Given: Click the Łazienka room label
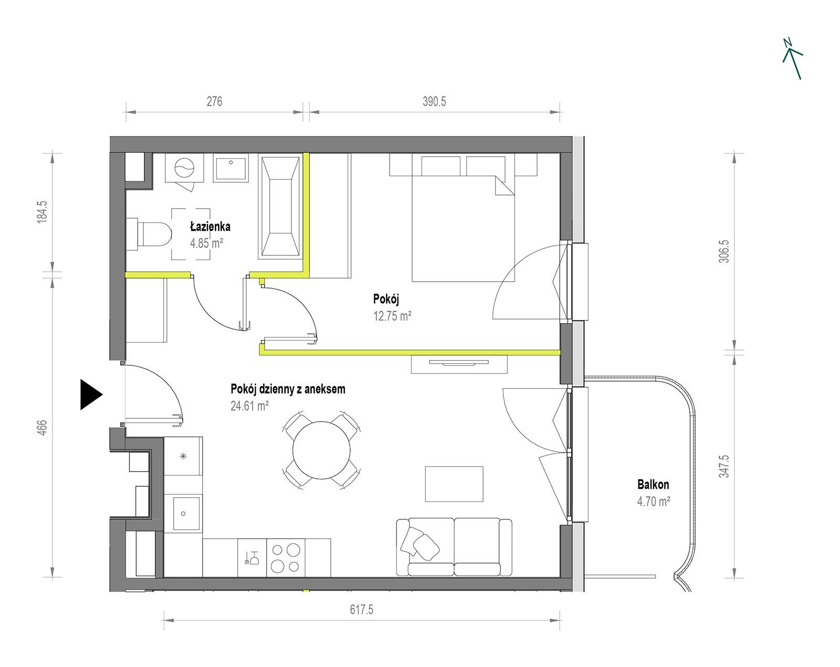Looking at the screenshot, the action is [211, 227].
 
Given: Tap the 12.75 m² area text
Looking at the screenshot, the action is [392, 316].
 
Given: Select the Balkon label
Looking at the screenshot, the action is [653, 485].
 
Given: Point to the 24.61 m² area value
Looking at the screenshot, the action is [249, 406].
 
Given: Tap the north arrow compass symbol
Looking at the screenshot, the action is [792, 59].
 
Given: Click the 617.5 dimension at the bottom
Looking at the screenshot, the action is [361, 610].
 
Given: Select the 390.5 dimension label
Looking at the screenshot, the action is [434, 101].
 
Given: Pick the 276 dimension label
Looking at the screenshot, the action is [214, 101].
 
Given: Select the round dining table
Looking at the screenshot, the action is [322, 450].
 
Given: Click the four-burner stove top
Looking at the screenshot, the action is [285, 558].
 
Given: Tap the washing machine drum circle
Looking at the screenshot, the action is [184, 168].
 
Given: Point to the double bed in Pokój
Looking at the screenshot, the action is [464, 217].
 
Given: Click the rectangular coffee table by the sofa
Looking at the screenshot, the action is [454, 484].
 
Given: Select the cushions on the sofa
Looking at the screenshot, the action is [420, 543].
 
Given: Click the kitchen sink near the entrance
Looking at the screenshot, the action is [183, 513].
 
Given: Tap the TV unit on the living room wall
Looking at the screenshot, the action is [459, 364].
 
